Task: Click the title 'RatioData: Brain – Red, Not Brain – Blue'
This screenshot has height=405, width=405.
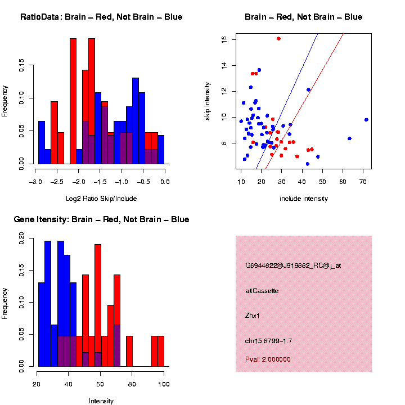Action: point(101,17)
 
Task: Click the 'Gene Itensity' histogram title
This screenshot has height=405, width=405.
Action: point(101,219)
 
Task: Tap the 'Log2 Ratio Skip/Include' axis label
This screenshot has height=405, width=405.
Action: point(101,199)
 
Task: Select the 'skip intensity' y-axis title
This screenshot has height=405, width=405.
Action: point(208,100)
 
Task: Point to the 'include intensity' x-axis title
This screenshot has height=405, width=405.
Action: point(304,199)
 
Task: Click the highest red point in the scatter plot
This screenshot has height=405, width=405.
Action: point(278,39)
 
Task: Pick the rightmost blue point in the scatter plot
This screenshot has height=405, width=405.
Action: point(366,120)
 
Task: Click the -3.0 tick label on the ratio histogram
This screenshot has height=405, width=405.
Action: point(35,182)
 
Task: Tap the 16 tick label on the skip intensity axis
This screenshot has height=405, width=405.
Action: point(223,39)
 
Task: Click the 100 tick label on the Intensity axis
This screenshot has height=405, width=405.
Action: point(164,384)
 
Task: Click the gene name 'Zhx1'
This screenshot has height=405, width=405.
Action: point(253,316)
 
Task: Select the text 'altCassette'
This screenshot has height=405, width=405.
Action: point(262,291)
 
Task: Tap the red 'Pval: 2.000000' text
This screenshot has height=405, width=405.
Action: point(268,359)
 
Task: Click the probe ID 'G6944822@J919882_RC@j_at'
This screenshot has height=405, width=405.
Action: point(292,265)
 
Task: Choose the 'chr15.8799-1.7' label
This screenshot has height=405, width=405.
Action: point(268,341)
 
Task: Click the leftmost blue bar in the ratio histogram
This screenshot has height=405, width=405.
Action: point(42,145)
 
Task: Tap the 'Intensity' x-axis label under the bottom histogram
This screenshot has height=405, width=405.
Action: point(101,401)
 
